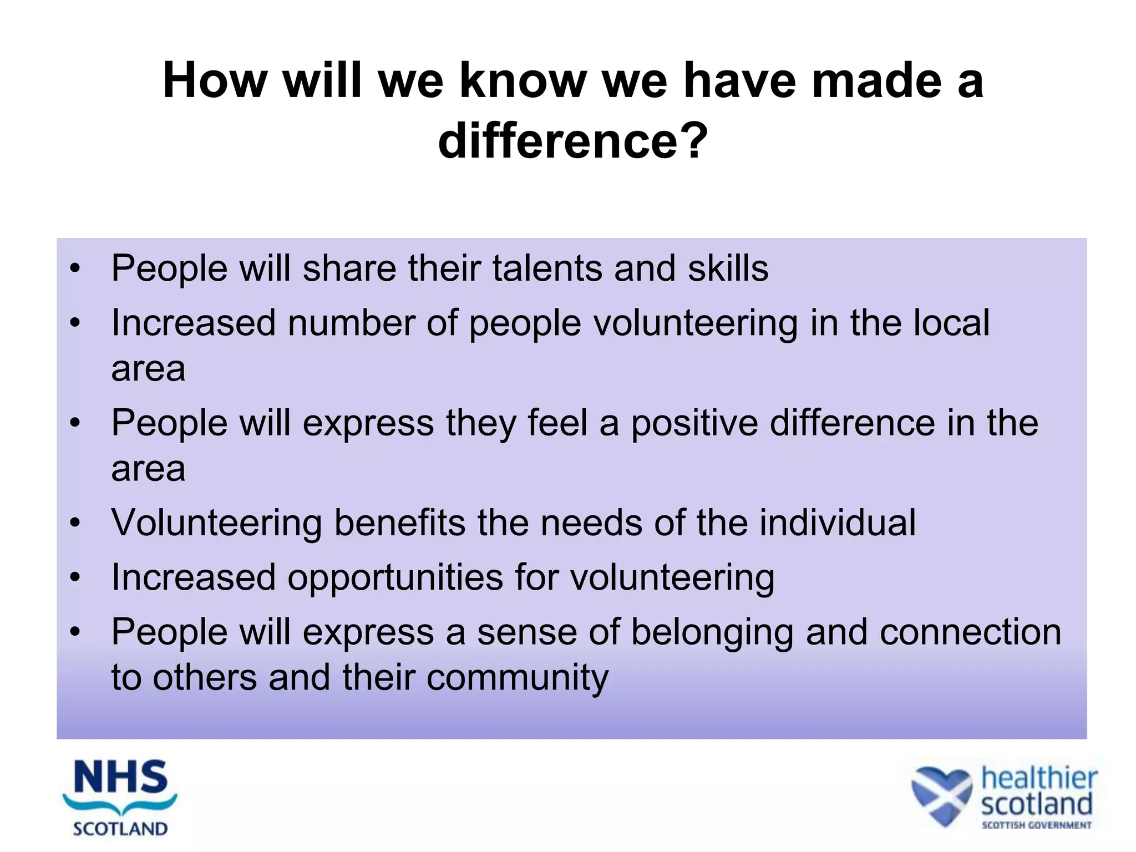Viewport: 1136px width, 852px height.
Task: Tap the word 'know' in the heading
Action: (x=523, y=81)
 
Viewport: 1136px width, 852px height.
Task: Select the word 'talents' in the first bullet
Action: (x=546, y=268)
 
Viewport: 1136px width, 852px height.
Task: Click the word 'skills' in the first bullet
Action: (x=728, y=268)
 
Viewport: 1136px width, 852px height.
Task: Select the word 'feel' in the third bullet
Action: (x=557, y=423)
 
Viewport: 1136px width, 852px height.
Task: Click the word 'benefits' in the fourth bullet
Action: (x=400, y=523)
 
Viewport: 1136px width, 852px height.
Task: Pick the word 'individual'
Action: (x=837, y=523)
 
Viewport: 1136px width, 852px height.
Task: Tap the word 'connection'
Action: (x=970, y=632)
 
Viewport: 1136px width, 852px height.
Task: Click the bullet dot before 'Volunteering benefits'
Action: (x=75, y=523)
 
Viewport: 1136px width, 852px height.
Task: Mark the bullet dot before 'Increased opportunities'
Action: (x=75, y=577)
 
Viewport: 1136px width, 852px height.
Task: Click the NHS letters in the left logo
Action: (x=120, y=778)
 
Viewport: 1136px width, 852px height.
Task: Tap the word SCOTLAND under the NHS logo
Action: (x=120, y=829)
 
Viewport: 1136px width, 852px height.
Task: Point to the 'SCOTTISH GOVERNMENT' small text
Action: (x=1036, y=825)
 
